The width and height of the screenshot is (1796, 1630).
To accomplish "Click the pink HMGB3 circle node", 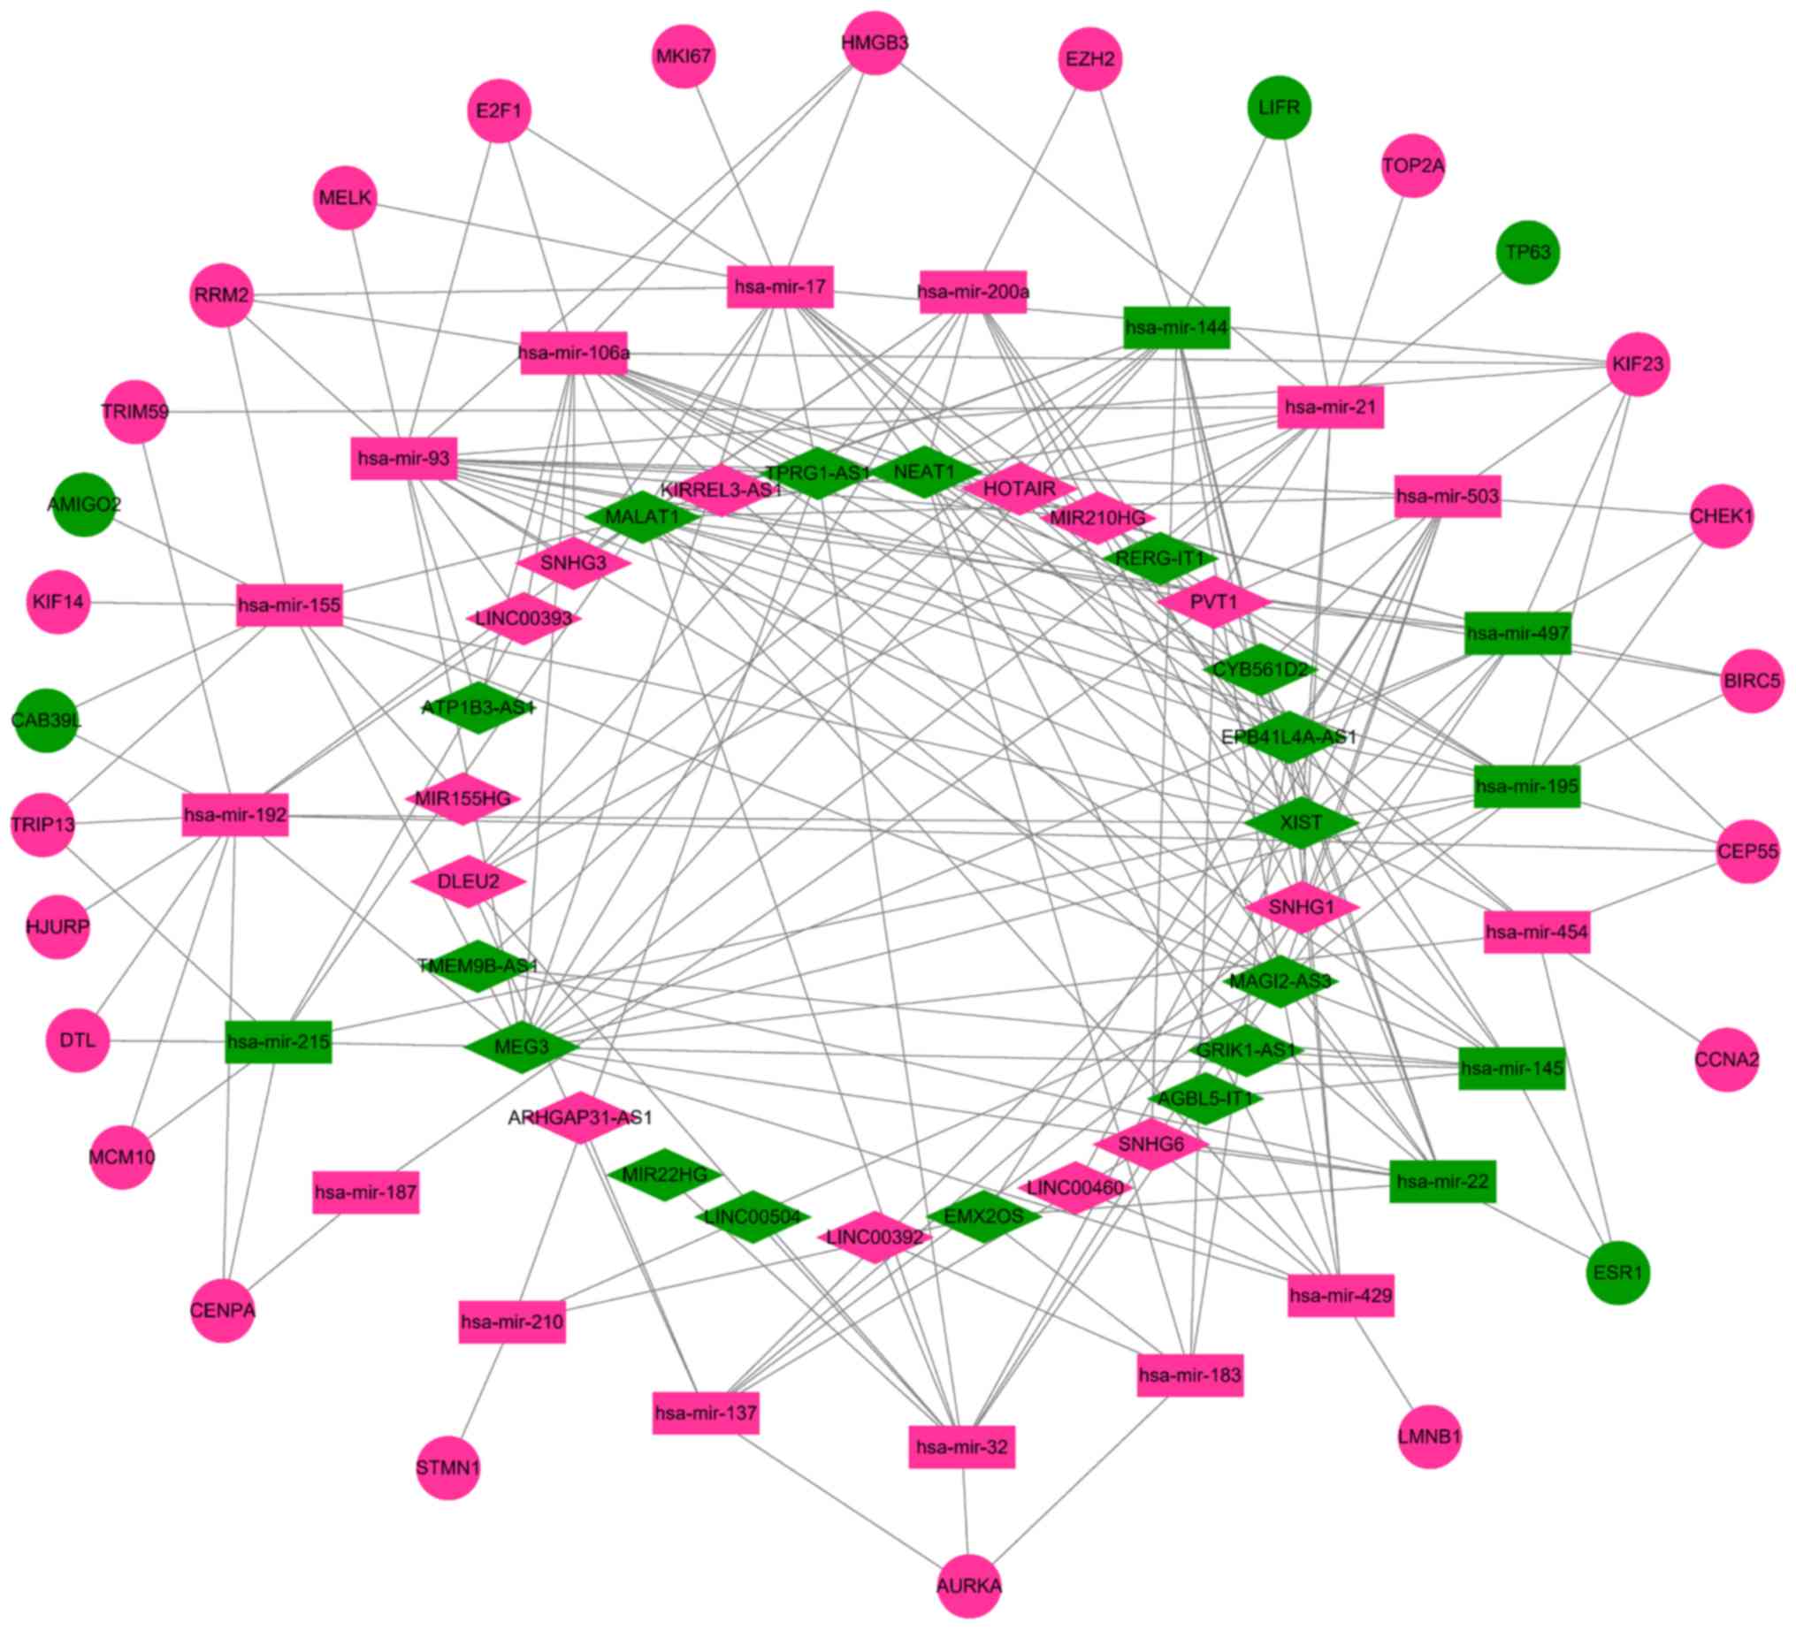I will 874,42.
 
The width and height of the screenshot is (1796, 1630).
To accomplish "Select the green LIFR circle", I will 1279,108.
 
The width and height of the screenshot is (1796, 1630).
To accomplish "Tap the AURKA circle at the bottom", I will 968,1585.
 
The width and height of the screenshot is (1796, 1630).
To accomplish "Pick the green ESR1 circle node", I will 1618,1272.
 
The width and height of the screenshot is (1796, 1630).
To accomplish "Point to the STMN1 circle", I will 447,1467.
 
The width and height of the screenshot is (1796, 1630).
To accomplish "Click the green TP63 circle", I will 1528,252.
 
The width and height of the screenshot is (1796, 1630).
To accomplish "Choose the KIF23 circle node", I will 1638,364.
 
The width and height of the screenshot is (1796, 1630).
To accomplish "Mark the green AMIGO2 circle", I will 84,505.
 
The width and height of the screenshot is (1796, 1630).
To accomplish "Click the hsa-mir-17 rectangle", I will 780,286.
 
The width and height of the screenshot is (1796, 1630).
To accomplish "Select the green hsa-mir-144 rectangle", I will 1176,328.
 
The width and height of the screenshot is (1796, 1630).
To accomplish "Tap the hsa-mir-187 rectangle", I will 365,1192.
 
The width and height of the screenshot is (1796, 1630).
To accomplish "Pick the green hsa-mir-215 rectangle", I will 278,1040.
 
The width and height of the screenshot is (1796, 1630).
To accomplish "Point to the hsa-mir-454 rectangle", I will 1536,933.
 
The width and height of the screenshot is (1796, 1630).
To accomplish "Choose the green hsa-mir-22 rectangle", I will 1441,1181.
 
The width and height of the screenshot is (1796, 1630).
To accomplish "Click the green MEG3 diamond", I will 521,1046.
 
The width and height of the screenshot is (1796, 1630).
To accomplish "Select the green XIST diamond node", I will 1301,822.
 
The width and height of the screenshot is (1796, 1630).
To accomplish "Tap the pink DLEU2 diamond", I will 468,882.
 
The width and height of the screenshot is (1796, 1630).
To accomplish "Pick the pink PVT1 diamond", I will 1213,602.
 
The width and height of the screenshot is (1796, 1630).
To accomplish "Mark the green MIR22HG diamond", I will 664,1175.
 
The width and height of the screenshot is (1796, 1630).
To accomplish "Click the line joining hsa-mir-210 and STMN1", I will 481,1392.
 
